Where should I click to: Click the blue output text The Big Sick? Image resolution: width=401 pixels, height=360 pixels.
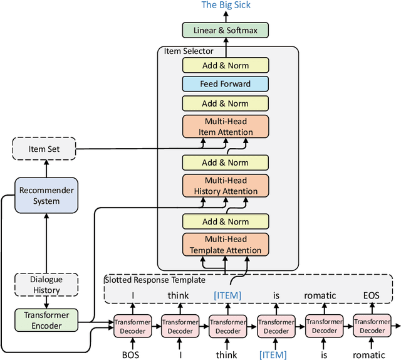click(225, 6)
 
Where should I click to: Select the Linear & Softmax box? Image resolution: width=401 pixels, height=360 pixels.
click(225, 29)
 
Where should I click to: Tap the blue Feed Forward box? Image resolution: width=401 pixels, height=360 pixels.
click(225, 84)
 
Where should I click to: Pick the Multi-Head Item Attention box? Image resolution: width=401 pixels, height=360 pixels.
click(225, 127)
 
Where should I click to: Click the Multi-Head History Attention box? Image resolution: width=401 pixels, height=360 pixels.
click(225, 186)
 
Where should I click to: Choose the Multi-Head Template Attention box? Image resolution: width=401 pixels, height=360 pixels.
click(225, 245)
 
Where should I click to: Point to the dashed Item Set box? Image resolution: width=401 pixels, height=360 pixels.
click(44, 149)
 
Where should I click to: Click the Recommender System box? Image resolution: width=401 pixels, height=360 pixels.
click(46, 196)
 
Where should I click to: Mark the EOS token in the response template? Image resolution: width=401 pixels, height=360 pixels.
click(371, 295)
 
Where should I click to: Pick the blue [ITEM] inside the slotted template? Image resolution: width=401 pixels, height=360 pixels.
click(227, 295)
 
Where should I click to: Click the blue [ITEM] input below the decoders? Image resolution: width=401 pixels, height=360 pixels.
click(273, 354)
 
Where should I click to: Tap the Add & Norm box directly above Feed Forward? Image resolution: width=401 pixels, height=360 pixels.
click(225, 65)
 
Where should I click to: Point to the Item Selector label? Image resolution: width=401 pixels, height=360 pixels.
click(189, 51)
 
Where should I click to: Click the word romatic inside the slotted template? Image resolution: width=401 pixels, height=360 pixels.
click(320, 295)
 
